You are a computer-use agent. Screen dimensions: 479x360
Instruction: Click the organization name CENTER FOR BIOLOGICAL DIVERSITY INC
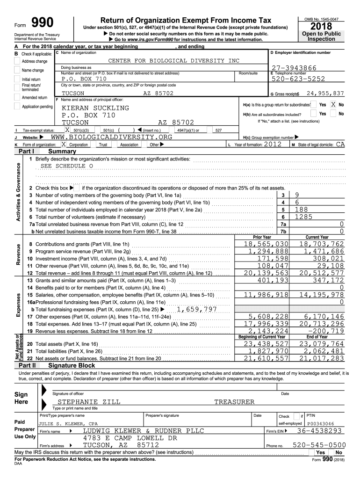click(173, 61)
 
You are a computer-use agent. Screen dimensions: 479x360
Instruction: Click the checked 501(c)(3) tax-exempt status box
click(67, 130)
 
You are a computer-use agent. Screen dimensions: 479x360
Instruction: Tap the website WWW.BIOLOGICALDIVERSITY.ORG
click(111, 137)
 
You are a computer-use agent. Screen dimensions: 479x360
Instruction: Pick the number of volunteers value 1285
click(303, 217)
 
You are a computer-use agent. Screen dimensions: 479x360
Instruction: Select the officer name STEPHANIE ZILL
click(89, 402)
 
